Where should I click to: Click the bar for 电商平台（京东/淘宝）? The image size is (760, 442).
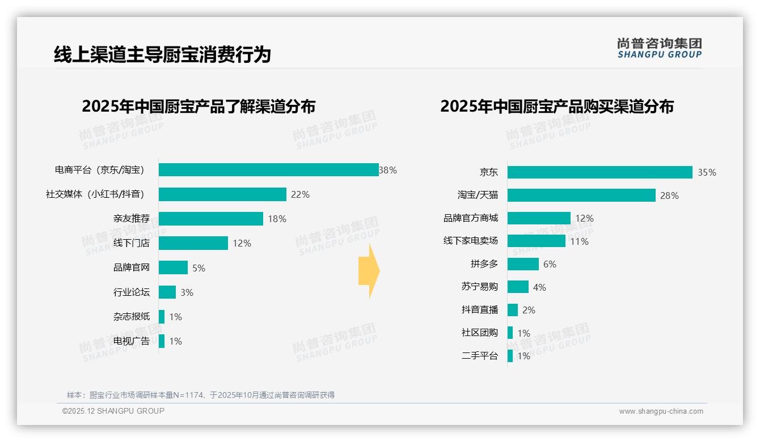coord(268,170)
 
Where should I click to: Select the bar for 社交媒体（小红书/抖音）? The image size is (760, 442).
coord(222,194)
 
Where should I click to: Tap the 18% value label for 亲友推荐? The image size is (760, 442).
coord(277,219)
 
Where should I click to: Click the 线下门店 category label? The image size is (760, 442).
coord(132,243)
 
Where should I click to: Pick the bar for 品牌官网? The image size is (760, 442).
coord(173,267)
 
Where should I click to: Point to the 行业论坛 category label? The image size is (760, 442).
coord(132,292)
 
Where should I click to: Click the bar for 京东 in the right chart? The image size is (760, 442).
coord(599,172)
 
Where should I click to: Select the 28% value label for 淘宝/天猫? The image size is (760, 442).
coord(669,195)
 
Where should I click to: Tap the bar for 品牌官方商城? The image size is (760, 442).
coord(539,218)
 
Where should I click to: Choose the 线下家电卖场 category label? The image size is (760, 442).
coord(471,241)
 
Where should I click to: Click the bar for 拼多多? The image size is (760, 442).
coord(523,264)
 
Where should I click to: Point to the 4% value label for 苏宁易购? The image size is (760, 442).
coord(539,287)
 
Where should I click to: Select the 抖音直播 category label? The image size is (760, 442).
coord(480,310)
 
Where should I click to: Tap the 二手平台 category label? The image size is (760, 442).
coord(480,356)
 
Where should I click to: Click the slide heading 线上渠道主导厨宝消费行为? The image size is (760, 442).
coord(162,54)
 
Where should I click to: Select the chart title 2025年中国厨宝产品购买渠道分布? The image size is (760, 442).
coord(556,107)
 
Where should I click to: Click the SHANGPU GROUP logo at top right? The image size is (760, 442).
coord(659,48)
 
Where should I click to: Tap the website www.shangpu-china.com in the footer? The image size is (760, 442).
coord(661,411)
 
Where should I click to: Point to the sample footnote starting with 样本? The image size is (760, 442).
coord(201,395)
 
